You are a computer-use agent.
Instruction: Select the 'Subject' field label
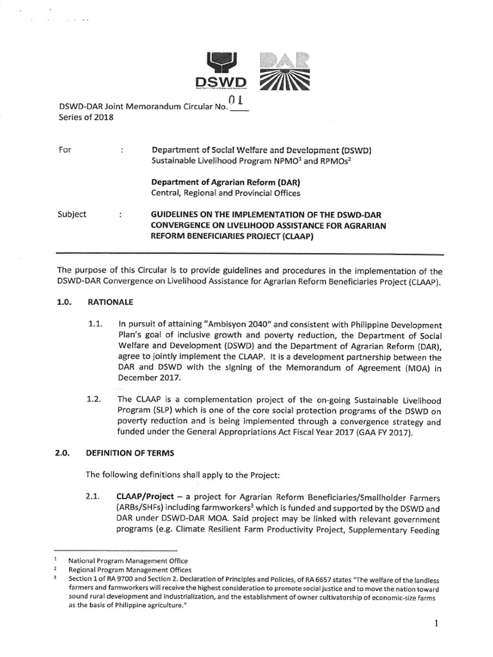(x=72, y=214)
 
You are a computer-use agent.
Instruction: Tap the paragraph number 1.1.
(x=95, y=326)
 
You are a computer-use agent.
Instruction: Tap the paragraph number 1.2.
(x=95, y=399)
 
